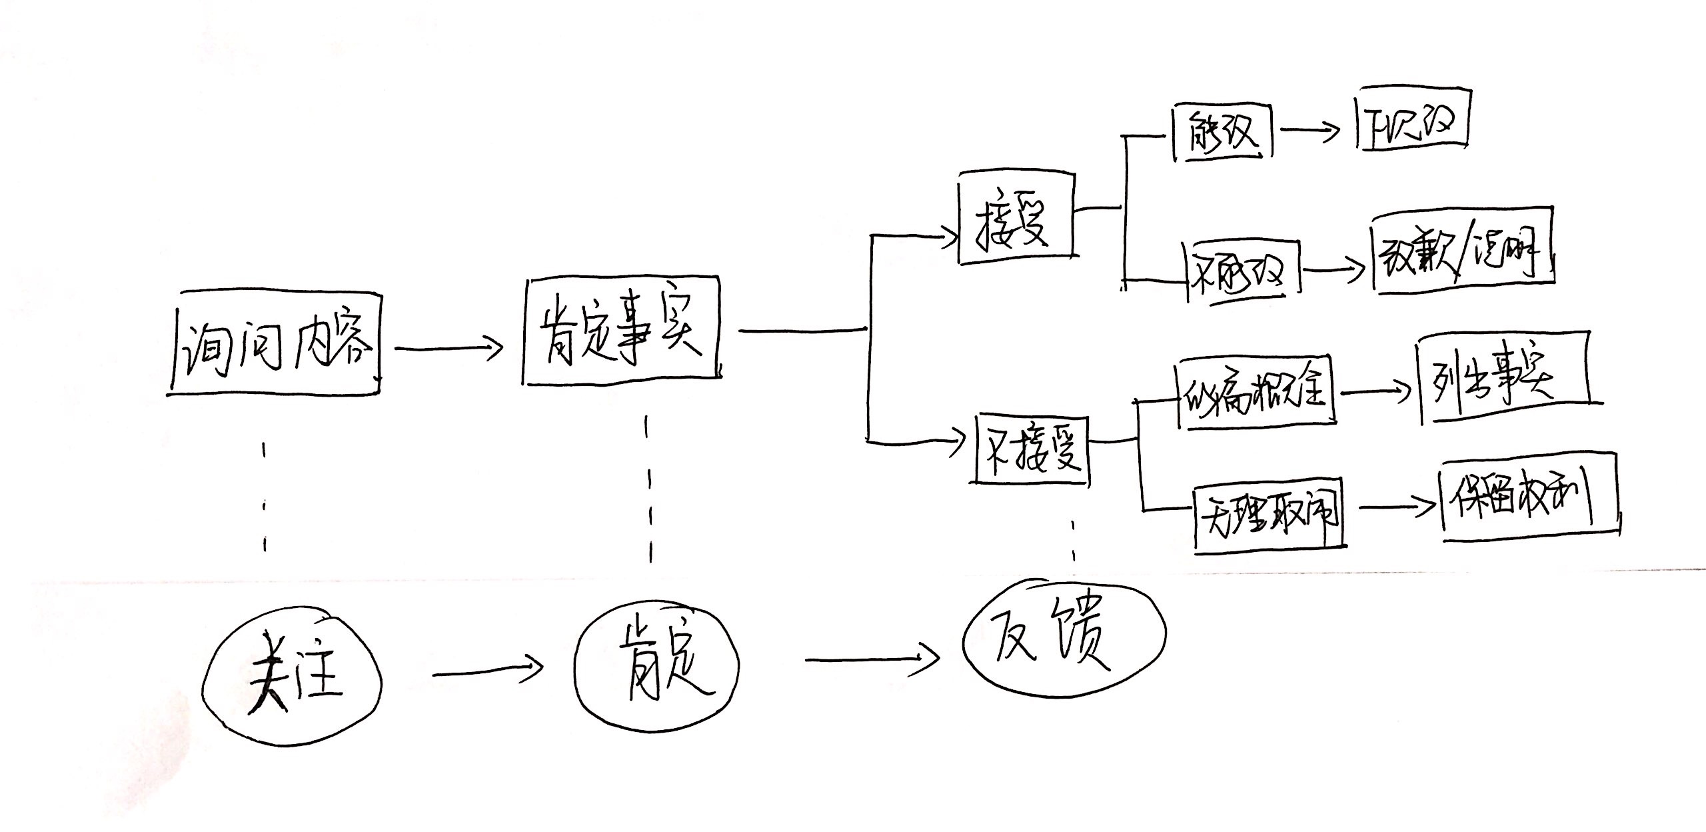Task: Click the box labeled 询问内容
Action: tap(275, 343)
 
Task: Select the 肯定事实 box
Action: tap(621, 331)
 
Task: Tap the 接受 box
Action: tap(1016, 218)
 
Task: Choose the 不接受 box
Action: tap(1030, 449)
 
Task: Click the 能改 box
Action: tap(1222, 131)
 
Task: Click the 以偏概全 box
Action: tap(1256, 393)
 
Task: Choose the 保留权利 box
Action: tap(1526, 497)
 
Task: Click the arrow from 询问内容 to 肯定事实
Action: tap(448, 347)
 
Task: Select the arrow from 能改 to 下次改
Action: tap(1309, 131)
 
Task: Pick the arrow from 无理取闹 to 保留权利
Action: tap(1395, 507)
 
